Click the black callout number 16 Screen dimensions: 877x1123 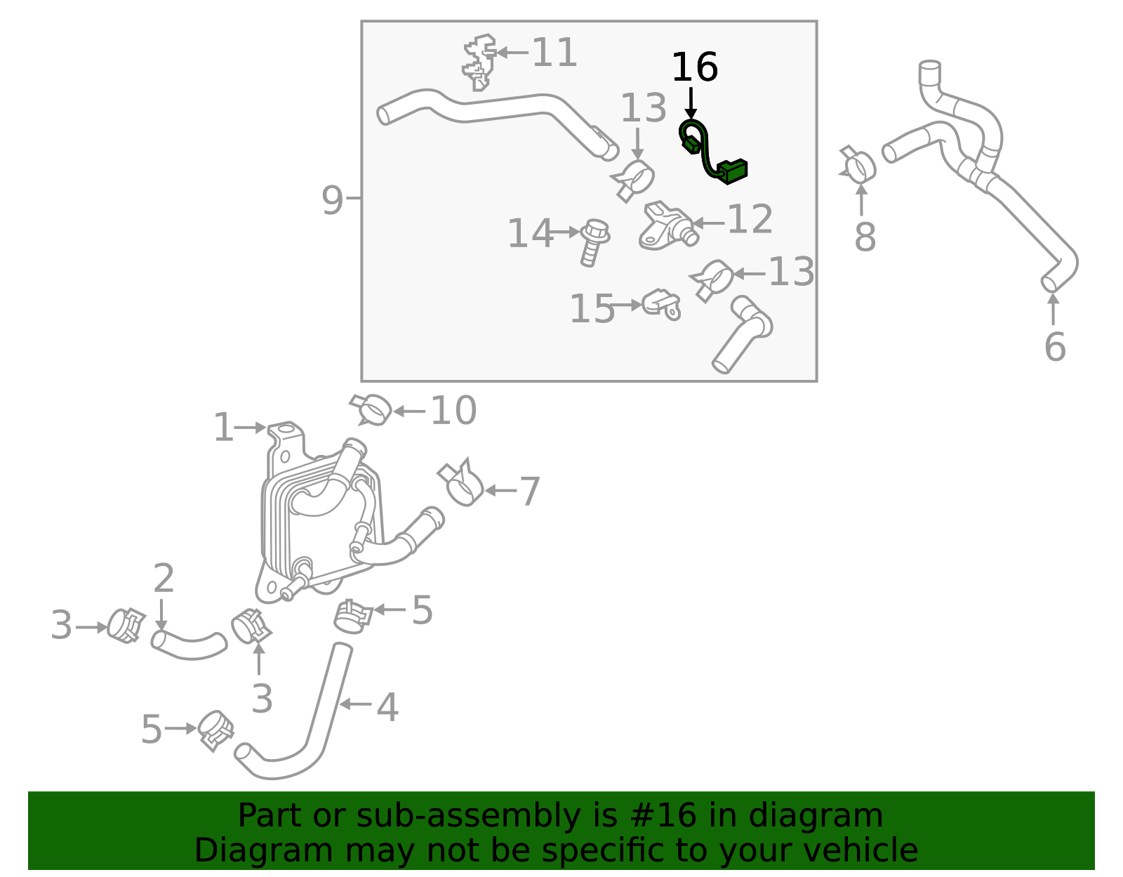[694, 67]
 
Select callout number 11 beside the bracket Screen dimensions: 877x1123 [554, 53]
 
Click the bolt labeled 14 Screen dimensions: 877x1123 [594, 242]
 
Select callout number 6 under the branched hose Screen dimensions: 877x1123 [1054, 347]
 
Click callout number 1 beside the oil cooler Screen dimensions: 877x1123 [223, 428]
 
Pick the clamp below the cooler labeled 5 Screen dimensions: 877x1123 [352, 615]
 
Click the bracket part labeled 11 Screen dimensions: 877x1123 [479, 62]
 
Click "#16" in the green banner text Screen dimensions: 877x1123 [658, 816]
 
